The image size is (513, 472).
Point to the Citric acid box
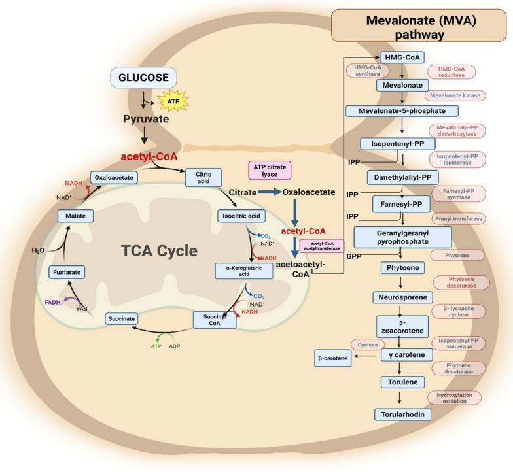(x=204, y=177)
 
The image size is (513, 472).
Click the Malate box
(x=72, y=215)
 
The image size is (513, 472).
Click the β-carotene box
(x=334, y=358)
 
